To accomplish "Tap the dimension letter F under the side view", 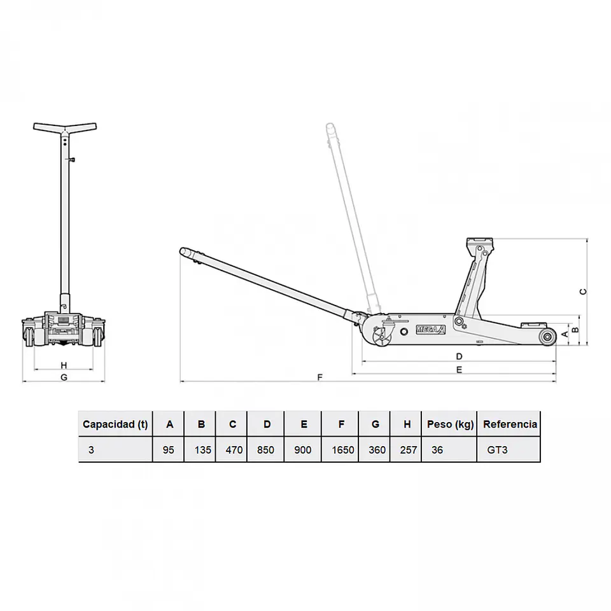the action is (x=320, y=377).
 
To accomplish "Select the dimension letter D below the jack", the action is (x=459, y=356).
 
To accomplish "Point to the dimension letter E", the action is (x=459, y=369).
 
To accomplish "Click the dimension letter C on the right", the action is (x=584, y=291).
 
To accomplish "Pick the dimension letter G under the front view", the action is (x=64, y=377).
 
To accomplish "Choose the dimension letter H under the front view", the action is (x=64, y=365).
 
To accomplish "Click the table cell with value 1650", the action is (x=343, y=450).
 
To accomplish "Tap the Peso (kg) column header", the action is (x=450, y=425).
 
